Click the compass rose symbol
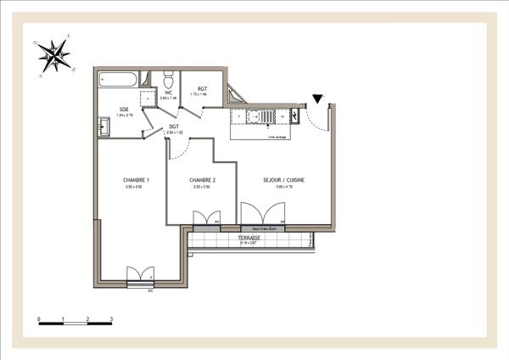coord(57,55)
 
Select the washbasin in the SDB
coord(103,129)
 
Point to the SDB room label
coord(124,109)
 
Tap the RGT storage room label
coord(203,88)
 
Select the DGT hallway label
coord(173,127)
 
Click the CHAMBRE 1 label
coord(136,180)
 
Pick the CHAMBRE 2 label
coord(202,180)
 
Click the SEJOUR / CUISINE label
coord(284,180)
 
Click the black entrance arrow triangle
coord(317,98)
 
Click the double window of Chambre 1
coord(138,274)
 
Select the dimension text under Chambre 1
coord(136,187)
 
